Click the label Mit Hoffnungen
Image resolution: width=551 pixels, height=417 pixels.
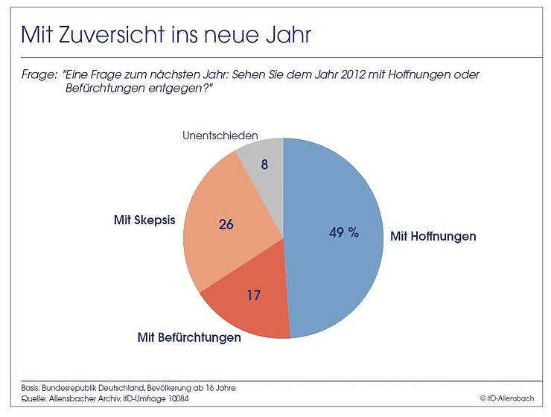coord(433,236)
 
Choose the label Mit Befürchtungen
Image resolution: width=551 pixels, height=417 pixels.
coord(189,337)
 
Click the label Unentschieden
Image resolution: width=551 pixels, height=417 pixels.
coord(220,136)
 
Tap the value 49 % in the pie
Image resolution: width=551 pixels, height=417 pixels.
coord(344,232)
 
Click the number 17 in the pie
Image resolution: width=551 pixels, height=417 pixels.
coord(253,296)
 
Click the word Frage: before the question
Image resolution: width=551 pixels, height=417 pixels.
coord(38,75)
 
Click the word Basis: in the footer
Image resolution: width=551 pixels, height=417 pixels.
coord(32,388)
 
